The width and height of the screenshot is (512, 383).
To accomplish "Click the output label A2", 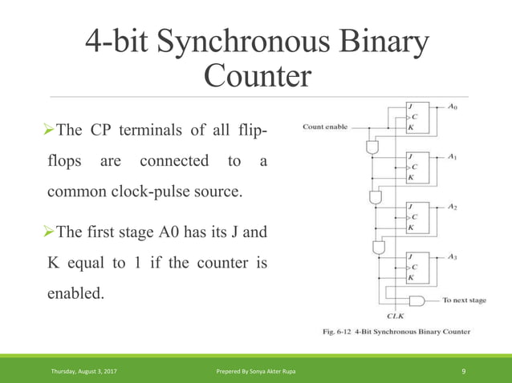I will click(x=453, y=207).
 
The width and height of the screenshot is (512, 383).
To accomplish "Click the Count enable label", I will click(x=325, y=127).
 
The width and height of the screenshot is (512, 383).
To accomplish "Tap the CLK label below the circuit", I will click(x=395, y=317).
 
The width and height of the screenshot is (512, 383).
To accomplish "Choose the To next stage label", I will click(x=465, y=300).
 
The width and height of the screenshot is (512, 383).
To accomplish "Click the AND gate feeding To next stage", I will click(x=417, y=300).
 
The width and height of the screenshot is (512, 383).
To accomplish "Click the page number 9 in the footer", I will click(x=465, y=370).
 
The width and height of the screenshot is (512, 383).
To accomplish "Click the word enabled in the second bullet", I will click(x=75, y=294).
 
